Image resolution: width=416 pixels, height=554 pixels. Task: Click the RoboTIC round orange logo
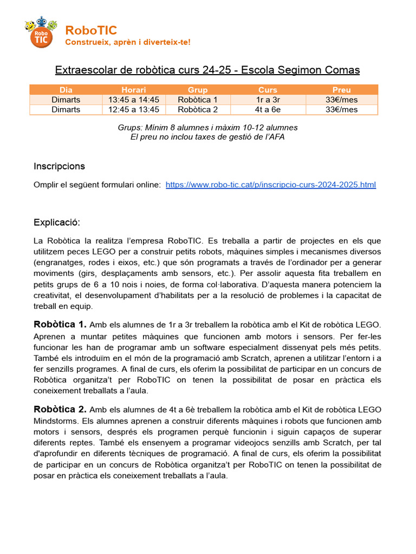coord(41,34)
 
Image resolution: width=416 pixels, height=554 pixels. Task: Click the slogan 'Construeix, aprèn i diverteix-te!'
coord(127,42)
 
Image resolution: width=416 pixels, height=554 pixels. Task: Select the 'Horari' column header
coord(133,90)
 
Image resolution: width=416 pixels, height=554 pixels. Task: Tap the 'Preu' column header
coord(341,90)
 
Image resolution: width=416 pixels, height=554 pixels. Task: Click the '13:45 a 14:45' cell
coord(133,100)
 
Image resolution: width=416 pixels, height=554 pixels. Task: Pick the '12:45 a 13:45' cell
coord(133,109)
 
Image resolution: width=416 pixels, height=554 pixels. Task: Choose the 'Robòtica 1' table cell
coord(198,100)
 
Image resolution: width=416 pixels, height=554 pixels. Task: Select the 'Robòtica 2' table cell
coord(198,109)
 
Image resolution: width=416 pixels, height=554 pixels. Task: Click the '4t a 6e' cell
coord(268,109)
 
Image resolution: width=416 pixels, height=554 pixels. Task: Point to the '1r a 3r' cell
coord(268,100)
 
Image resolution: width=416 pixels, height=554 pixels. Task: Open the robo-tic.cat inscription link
coord(270,184)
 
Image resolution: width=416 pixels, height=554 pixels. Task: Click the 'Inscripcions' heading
coord(59,166)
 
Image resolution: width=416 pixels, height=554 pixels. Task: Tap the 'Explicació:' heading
coord(56,222)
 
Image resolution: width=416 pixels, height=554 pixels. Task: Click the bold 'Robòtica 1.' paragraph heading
coord(60,325)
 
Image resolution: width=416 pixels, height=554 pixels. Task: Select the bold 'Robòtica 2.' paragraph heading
coord(60,410)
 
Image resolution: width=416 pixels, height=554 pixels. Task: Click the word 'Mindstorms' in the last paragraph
coord(56,421)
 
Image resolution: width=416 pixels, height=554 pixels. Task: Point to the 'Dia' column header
coord(66,90)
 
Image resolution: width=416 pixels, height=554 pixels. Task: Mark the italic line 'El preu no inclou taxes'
coord(207,137)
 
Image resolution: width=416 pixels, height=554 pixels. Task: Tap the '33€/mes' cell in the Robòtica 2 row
coord(341,109)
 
